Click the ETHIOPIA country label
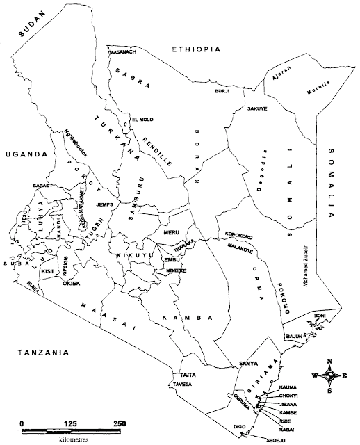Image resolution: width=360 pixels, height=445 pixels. point(196,49)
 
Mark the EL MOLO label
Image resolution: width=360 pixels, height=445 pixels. point(142,119)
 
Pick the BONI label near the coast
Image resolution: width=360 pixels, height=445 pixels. point(319,316)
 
